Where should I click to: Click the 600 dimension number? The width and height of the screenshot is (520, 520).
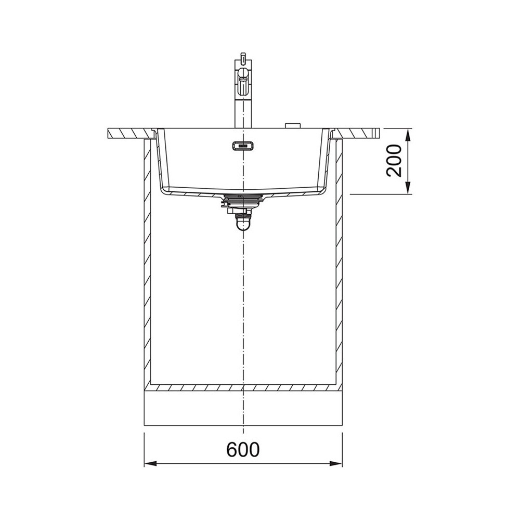[243, 450]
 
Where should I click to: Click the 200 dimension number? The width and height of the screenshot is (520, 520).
[394, 161]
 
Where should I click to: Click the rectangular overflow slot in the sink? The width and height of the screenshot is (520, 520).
[243, 146]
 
